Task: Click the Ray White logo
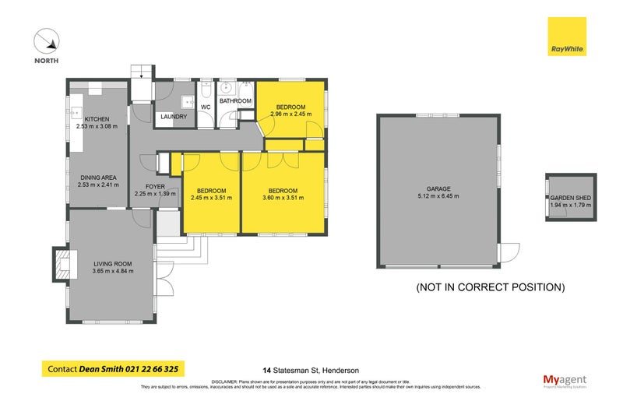click(x=566, y=37)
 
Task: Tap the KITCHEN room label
click(x=86, y=119)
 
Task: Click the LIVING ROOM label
click(x=113, y=265)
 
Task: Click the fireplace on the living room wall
click(x=63, y=262)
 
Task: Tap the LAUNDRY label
click(x=173, y=118)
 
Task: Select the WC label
click(x=206, y=107)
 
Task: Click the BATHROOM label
click(x=235, y=101)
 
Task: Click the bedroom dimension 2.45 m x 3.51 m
click(x=211, y=198)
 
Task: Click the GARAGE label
click(x=438, y=188)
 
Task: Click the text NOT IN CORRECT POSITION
click(x=491, y=287)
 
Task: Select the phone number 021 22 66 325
click(x=155, y=369)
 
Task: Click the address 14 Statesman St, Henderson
click(x=309, y=371)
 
